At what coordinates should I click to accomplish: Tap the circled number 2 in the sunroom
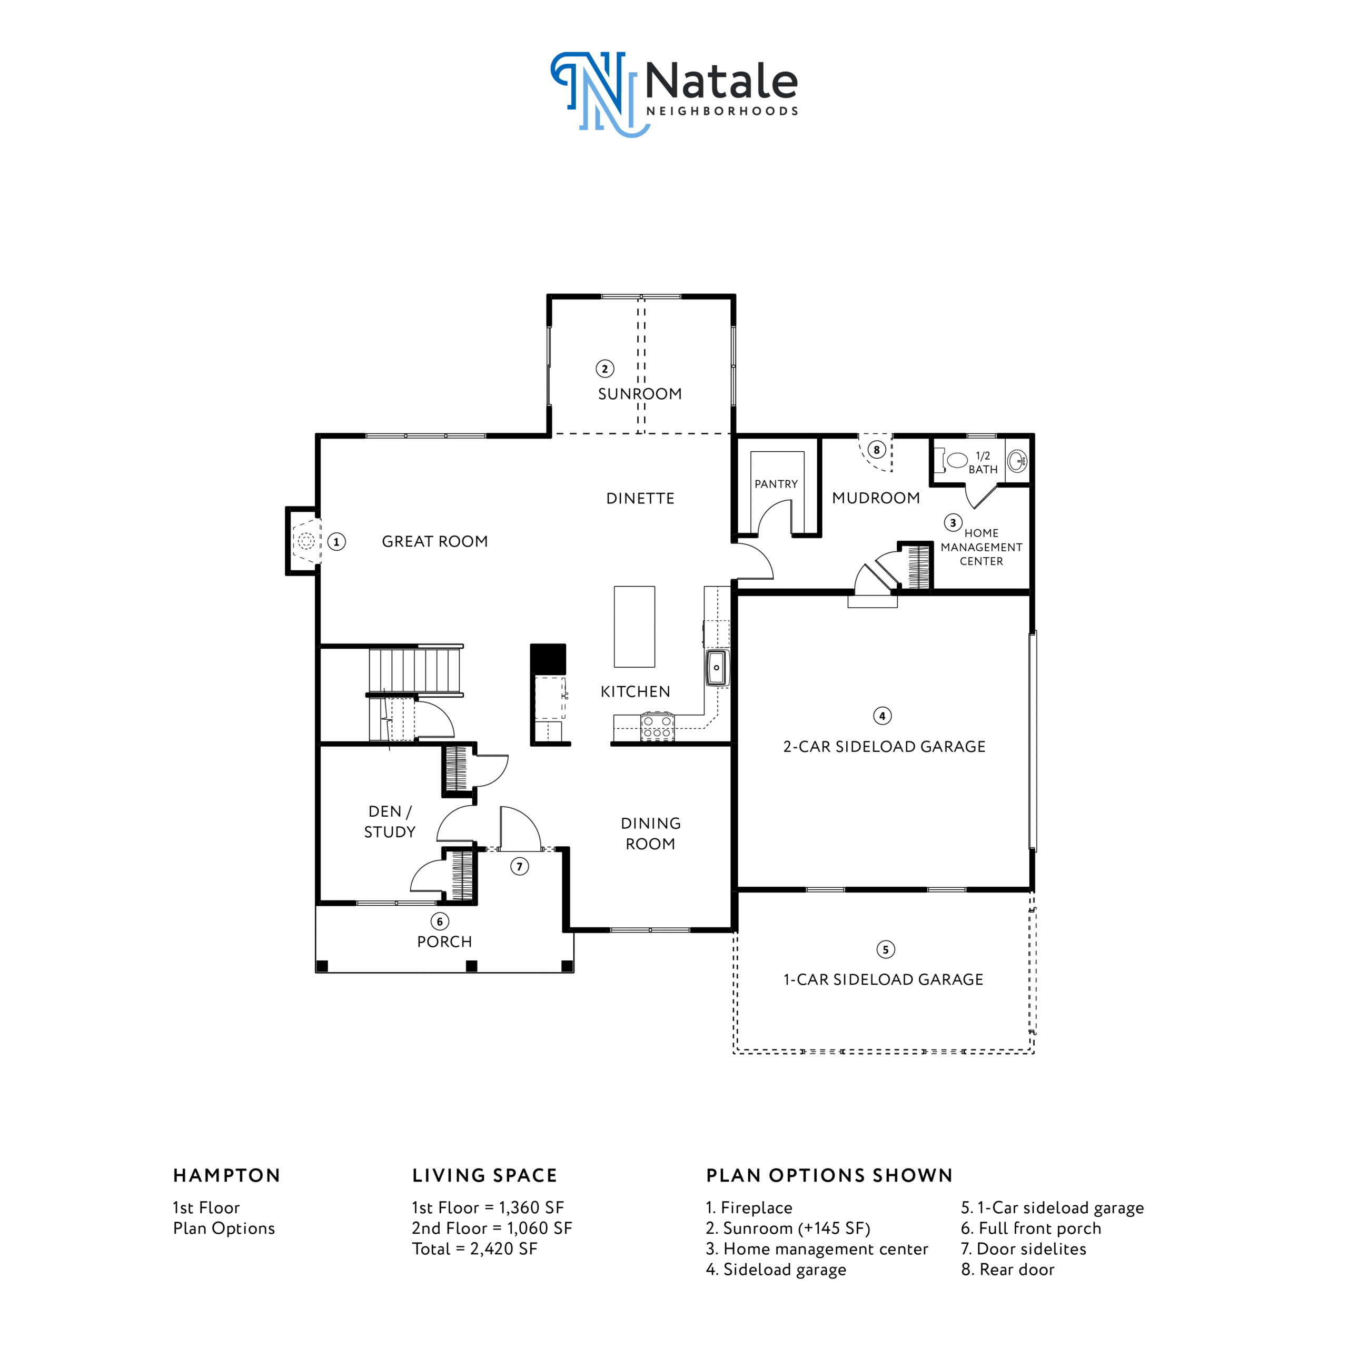click(x=605, y=369)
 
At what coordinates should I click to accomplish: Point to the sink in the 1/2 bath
click(x=1017, y=461)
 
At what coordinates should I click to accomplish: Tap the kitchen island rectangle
click(x=634, y=627)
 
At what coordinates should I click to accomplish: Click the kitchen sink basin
click(x=716, y=668)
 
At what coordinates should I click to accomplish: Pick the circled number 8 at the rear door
click(x=877, y=450)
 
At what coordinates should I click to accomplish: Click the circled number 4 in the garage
click(x=882, y=716)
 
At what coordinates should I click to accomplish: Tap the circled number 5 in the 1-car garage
click(x=885, y=949)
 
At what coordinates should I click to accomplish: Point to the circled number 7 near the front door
click(x=520, y=867)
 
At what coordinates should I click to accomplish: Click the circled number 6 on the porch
click(x=440, y=921)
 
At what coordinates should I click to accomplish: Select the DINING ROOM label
click(x=651, y=834)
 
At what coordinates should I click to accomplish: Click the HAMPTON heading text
click(x=227, y=1176)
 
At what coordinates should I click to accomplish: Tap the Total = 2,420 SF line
click(x=474, y=1249)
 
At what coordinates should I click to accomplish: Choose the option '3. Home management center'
click(x=817, y=1249)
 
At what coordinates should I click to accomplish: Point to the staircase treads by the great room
click(x=414, y=670)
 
